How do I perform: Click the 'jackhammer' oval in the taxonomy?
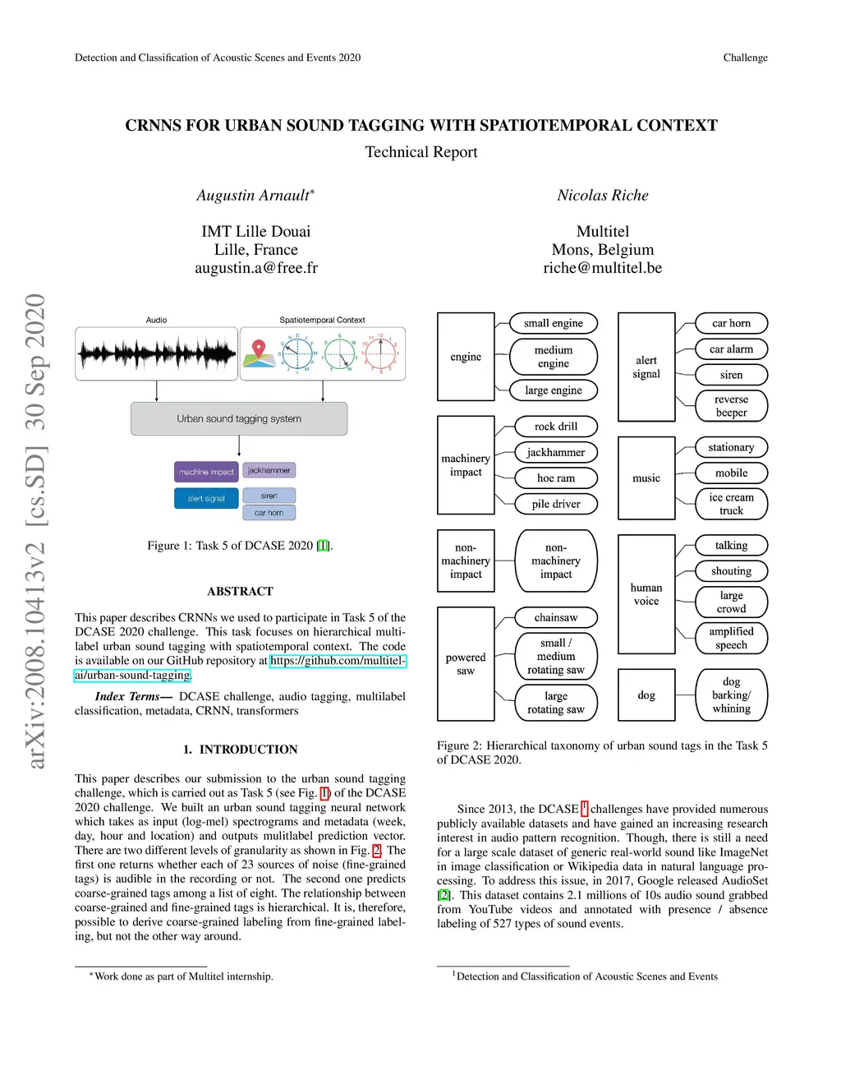[556, 452]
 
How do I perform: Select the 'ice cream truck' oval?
[731, 504]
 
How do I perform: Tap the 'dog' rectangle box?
[646, 695]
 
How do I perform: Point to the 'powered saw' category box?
[466, 664]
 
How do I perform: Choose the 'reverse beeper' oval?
[731, 406]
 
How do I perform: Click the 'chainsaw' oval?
[556, 617]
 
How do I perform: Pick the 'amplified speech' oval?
[731, 638]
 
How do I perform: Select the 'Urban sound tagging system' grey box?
[239, 418]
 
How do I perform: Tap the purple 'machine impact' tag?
[206, 472]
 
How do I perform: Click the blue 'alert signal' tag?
[206, 498]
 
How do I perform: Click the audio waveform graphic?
[156, 354]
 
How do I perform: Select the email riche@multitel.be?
[602, 268]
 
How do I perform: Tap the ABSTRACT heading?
[240, 591]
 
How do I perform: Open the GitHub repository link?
[338, 661]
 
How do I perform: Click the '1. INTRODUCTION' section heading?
[240, 750]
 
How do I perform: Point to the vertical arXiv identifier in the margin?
[34, 531]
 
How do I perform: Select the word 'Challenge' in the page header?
[745, 58]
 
